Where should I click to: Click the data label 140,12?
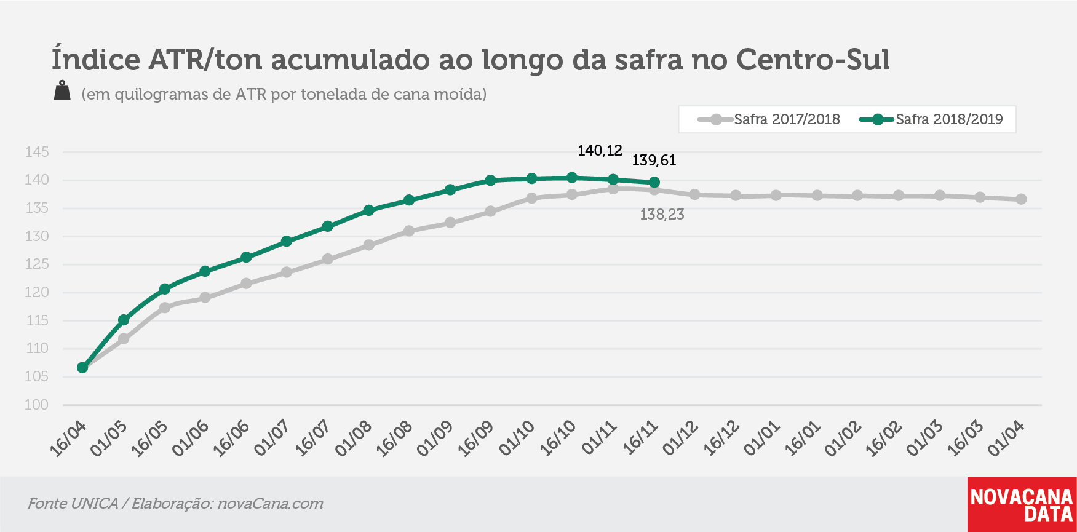pos(600,151)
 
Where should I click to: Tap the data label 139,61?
pos(654,161)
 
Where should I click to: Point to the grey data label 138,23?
pos(662,215)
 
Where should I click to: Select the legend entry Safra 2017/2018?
pos(769,119)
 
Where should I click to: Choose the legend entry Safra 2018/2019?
pos(931,119)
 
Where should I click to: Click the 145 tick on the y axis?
pos(36,152)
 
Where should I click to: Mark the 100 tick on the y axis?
pos(36,405)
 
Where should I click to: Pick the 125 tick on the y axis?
pos(36,264)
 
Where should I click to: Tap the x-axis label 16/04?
pos(69,439)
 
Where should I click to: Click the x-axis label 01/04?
pos(1007,439)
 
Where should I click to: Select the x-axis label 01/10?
pos(517,439)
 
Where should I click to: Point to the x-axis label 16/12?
pos(721,439)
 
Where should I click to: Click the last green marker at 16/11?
pos(654,182)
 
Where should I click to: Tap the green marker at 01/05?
pos(124,320)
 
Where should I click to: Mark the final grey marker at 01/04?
pos(1021,199)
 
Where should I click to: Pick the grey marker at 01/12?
pos(695,194)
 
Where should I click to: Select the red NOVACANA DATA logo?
pos(1022,504)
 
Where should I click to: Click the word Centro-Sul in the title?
pos(813,60)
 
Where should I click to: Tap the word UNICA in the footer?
pos(95,504)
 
